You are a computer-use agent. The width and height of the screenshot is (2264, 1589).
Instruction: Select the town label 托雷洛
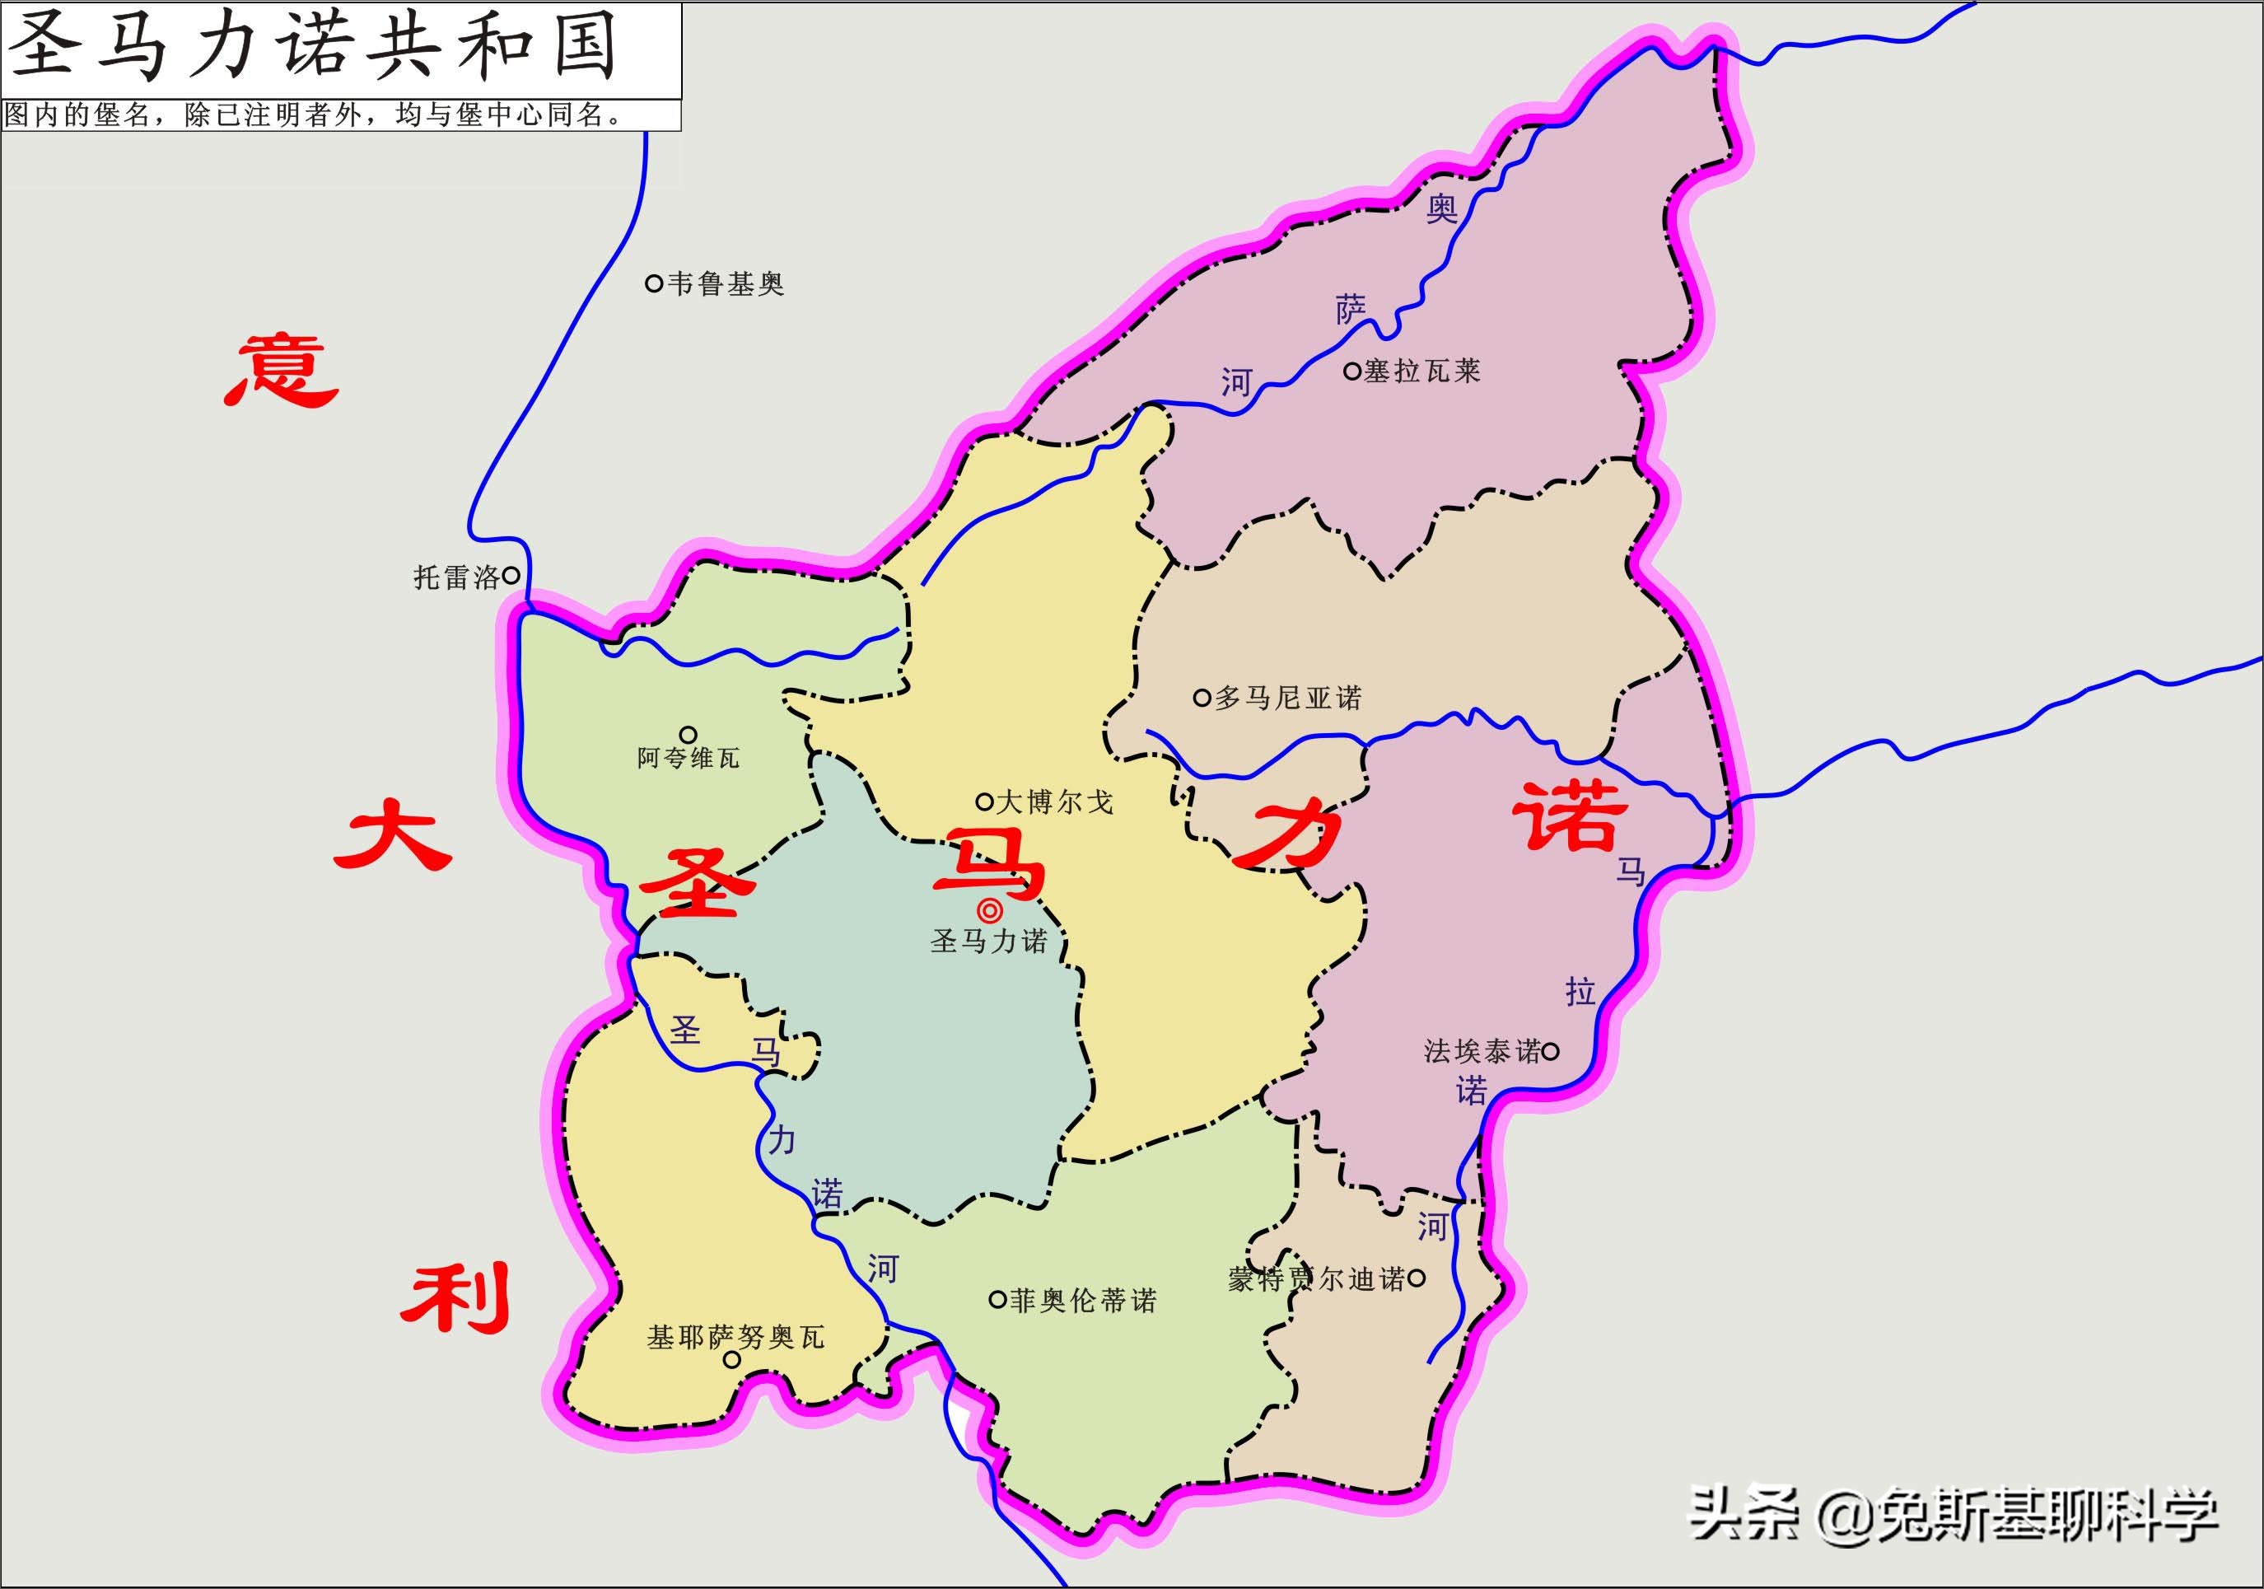[x=455, y=577]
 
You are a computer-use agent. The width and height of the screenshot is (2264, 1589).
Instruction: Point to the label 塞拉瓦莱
[x=1422, y=371]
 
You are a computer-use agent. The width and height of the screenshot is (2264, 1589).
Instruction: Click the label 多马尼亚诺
[x=1288, y=699]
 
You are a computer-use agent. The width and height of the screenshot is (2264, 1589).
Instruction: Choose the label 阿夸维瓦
[x=688, y=758]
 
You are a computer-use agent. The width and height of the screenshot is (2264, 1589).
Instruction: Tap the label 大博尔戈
[x=1054, y=802]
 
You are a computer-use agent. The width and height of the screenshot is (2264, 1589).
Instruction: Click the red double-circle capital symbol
[x=989, y=910]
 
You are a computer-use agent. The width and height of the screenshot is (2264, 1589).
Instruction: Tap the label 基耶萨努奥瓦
[x=735, y=1338]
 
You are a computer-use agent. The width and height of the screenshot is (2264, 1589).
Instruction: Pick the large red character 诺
[x=1570, y=816]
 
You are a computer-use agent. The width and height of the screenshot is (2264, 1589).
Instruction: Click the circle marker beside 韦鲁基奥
[x=653, y=283]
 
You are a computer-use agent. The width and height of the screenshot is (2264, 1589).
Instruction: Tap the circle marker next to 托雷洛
[x=511, y=575]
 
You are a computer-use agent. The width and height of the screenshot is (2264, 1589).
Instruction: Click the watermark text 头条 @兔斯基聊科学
[x=1953, y=1514]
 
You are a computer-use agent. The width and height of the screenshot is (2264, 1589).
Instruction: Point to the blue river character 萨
[x=1350, y=310]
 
